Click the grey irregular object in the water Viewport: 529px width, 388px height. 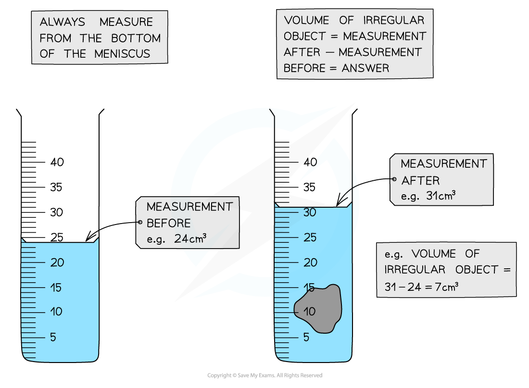[x=320, y=308]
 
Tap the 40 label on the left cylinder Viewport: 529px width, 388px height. [x=57, y=163]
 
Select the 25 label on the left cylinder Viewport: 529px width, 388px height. [x=57, y=237]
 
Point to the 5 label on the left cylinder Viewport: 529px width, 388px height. [x=53, y=337]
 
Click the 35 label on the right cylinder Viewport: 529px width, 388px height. [x=310, y=187]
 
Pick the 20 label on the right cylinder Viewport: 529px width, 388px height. [x=310, y=263]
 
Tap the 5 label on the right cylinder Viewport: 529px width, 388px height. [x=306, y=337]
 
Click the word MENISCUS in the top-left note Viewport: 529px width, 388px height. [x=122, y=54]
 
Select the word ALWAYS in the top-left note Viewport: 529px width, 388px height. [x=63, y=22]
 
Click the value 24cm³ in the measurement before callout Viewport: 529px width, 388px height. [x=190, y=239]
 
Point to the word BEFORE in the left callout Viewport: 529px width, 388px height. [x=168, y=223]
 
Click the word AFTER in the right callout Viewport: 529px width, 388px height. [x=420, y=181]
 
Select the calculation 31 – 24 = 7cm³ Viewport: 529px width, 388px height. [x=421, y=286]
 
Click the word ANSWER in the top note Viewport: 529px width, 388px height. [x=365, y=68]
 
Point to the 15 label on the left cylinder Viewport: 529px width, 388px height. [x=56, y=288]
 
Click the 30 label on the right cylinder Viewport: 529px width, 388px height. [x=310, y=212]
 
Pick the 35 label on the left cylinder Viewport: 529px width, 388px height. [x=56, y=188]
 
